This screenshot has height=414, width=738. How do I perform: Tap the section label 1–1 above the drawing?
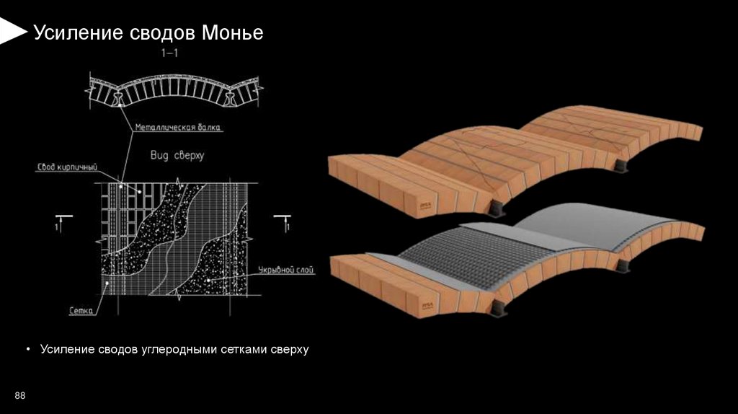point(171,54)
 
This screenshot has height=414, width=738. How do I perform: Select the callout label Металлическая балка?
point(177,128)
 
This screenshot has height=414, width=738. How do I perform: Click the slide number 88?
point(20,396)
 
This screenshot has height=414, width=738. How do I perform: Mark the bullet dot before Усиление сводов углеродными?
point(27,350)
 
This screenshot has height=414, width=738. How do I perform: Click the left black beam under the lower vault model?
point(499,309)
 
